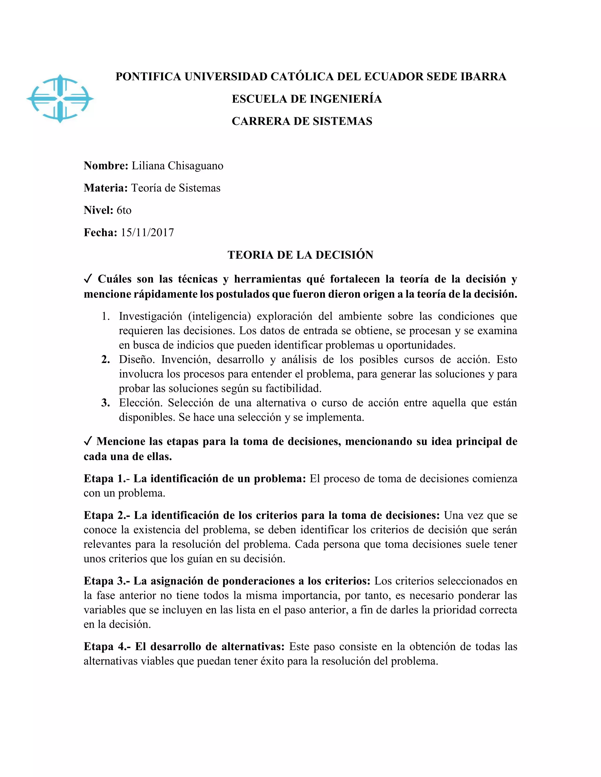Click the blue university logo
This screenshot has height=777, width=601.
click(60, 99)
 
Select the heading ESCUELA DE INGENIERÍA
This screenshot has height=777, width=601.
click(307, 99)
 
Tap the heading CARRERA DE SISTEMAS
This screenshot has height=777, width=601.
click(302, 121)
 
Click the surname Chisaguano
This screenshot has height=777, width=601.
click(195, 166)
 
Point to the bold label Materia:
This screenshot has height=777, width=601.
click(106, 188)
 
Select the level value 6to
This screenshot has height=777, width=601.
click(124, 210)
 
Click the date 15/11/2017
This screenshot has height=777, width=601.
click(147, 233)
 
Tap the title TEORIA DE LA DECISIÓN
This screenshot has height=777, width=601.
click(300, 255)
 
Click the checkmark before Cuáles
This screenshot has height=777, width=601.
click(89, 279)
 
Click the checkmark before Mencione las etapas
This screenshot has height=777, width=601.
click(88, 442)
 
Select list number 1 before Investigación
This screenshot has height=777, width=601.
click(106, 316)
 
